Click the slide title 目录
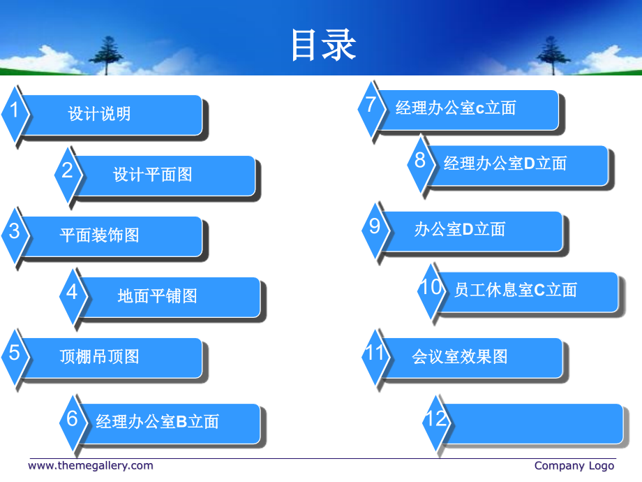coord(324,45)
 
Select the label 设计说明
coord(100,114)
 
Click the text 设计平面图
coord(153,175)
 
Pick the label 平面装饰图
coord(100,235)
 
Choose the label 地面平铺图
coord(158,296)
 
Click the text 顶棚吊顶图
coord(100,356)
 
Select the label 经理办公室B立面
coord(158,422)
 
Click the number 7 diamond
coord(371,108)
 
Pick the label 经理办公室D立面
coord(505,163)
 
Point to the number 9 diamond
coord(375,230)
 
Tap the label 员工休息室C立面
coord(516,290)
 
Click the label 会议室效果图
coord(460,356)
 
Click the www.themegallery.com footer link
coord(91,466)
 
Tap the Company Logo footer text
coord(574,466)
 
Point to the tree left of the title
coord(107,55)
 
